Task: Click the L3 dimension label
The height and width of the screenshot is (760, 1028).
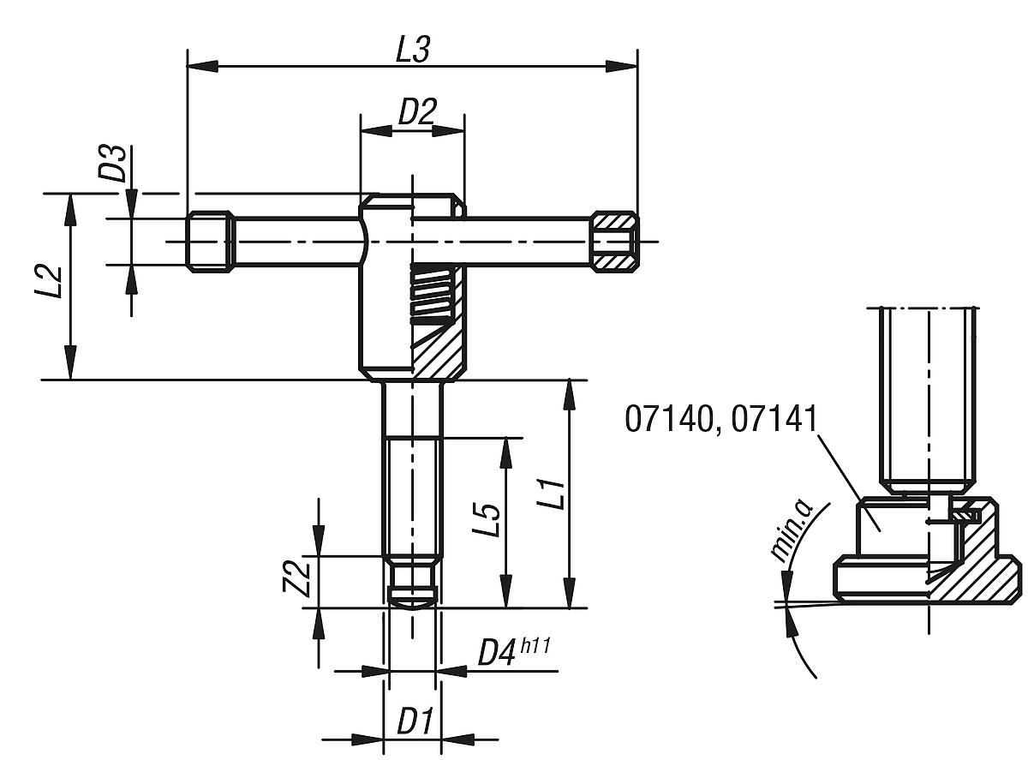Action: tap(411, 50)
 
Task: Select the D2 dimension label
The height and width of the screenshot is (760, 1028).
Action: tap(417, 112)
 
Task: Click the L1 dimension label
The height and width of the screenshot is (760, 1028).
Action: tap(553, 494)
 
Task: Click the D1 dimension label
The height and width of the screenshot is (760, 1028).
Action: tap(415, 722)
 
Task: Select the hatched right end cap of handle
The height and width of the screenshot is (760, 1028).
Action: tap(614, 242)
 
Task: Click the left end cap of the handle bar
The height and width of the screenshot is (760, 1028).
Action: tap(209, 242)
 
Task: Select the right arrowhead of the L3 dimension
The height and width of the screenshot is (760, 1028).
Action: tap(623, 67)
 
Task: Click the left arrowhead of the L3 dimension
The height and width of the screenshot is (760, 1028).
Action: tap(201, 67)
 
